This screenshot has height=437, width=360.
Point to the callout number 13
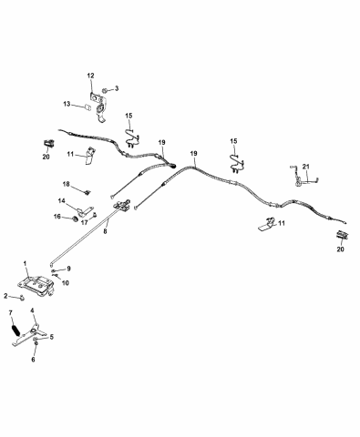coord(79,105)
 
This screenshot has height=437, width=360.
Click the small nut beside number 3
coord(105,90)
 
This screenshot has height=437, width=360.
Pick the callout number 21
coord(307,166)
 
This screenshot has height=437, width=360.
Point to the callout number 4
coord(35,310)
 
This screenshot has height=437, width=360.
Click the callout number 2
coord(6,297)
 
